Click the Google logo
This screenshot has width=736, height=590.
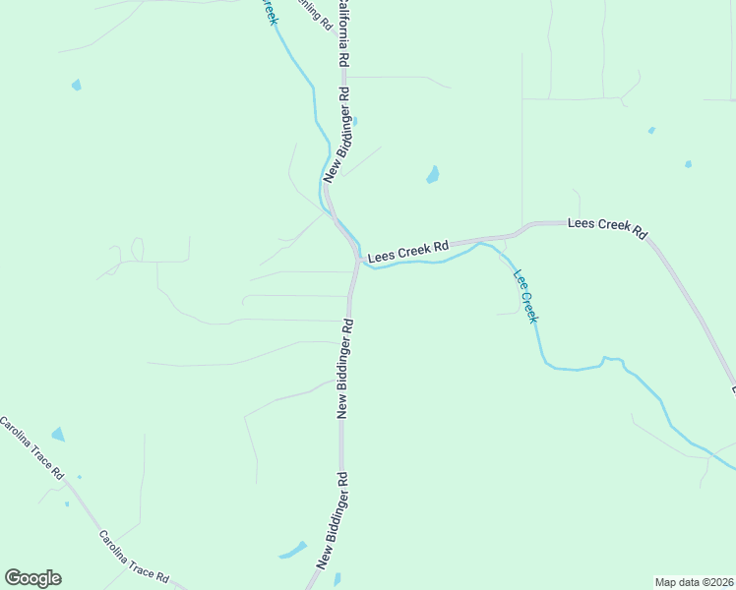pyautogui.click(x=32, y=578)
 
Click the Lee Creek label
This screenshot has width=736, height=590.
pyautogui.click(x=526, y=294)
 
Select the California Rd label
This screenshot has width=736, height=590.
pyautogui.click(x=342, y=32)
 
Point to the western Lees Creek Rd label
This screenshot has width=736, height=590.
pyautogui.click(x=408, y=252)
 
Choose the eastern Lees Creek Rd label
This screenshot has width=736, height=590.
pyautogui.click(x=607, y=227)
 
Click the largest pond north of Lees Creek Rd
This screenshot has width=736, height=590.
pyautogui.click(x=432, y=176)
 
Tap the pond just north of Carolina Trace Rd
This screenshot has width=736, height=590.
pyautogui.click(x=58, y=434)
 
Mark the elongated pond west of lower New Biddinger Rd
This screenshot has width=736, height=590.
pyautogui.click(x=293, y=550)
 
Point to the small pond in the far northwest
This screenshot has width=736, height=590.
pyautogui.click(x=77, y=86)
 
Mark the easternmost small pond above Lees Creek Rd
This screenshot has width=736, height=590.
pyautogui.click(x=688, y=163)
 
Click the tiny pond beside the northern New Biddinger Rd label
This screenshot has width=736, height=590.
pyautogui.click(x=354, y=121)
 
